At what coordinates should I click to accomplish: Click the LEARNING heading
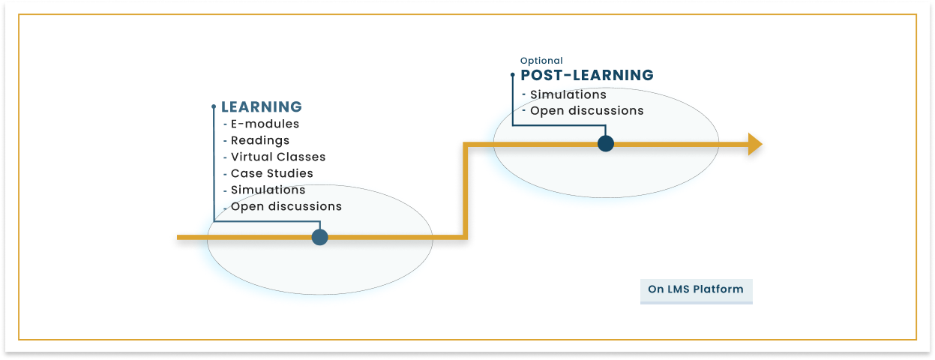(261, 107)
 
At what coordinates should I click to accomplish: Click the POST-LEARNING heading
(586, 75)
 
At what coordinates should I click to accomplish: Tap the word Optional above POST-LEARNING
(541, 61)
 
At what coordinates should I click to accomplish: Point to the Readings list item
(259, 140)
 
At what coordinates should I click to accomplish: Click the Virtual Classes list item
(278, 157)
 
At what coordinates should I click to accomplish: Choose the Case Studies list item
(271, 173)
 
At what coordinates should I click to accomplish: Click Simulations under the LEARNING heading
(268, 190)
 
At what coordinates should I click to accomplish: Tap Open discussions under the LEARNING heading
(286, 206)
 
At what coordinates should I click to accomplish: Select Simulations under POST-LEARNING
(568, 94)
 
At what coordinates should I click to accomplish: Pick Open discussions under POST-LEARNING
(586, 111)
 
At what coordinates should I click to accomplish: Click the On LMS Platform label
(696, 289)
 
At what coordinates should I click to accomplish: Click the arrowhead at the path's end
(754, 144)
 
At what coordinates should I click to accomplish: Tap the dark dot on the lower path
(320, 237)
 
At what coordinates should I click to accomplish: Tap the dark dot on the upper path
(606, 143)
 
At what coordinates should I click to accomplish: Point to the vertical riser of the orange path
(466, 190)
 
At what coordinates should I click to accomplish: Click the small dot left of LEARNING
(214, 107)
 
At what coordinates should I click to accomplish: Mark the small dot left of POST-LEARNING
(513, 75)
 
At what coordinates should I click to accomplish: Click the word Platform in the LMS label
(720, 289)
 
